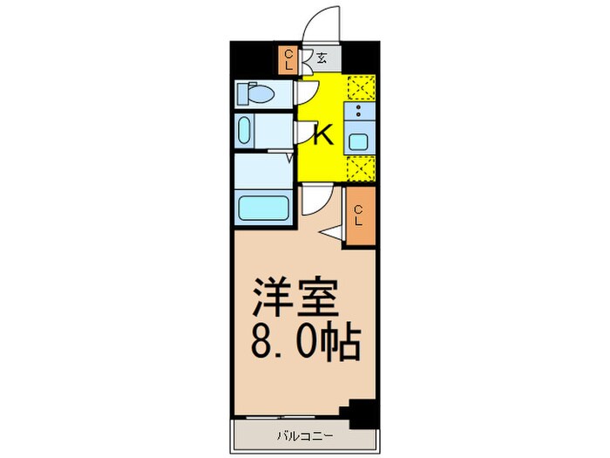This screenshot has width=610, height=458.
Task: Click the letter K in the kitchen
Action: coord(322,135)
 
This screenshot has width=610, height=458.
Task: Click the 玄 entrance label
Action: coord(322,59)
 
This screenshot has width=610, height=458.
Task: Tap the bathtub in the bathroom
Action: coord(264,209)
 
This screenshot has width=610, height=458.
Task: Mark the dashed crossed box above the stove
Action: coord(359,88)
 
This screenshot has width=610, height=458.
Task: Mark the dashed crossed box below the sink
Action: coord(359,168)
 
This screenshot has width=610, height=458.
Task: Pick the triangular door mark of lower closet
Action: coord(331,232)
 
